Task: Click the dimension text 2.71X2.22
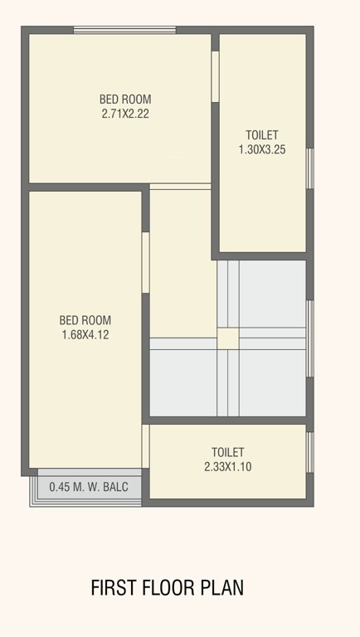tap(125, 114)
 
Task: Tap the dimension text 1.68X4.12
tap(85, 335)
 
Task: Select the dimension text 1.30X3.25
tap(262, 150)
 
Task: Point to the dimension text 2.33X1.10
tap(227, 467)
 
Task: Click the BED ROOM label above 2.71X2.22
tap(125, 100)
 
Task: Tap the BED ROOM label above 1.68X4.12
tap(85, 320)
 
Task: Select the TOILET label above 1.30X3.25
tap(262, 135)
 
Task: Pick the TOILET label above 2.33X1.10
tap(227, 452)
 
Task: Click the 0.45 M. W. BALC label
tap(89, 488)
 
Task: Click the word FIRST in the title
tap(113, 588)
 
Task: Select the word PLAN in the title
tap(222, 588)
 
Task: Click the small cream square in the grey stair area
tap(227, 338)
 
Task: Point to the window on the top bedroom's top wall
tap(124, 31)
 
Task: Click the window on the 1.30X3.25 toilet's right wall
tap(310, 169)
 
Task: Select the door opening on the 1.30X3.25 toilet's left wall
tap(215, 76)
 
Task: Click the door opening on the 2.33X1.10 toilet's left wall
tap(146, 446)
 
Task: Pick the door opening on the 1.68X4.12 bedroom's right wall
tap(145, 262)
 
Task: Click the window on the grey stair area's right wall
tap(310, 338)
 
